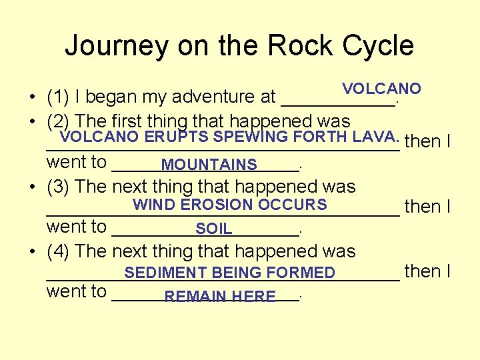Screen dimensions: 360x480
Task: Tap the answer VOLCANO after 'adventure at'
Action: tap(381, 89)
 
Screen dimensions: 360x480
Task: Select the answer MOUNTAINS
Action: tap(209, 165)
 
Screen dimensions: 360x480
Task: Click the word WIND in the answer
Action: tap(154, 205)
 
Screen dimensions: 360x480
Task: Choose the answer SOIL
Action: tap(214, 229)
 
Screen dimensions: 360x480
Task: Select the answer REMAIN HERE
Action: tap(220, 296)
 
